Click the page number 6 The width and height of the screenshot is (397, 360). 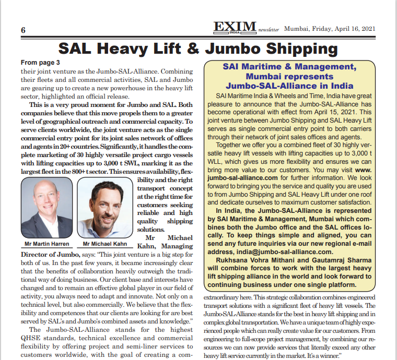[x=23, y=29]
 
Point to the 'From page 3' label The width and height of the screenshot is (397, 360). [x=41, y=62]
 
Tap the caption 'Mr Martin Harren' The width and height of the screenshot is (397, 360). [x=46, y=244]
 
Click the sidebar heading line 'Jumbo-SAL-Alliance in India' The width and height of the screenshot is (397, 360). [x=289, y=86]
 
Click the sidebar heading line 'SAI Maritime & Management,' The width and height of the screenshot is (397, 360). [x=289, y=67]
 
